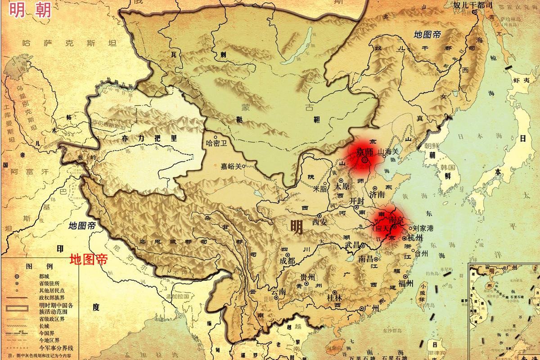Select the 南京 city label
click(x=395, y=220)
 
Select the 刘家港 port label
click(x=423, y=229)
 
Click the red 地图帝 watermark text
click(x=89, y=260)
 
